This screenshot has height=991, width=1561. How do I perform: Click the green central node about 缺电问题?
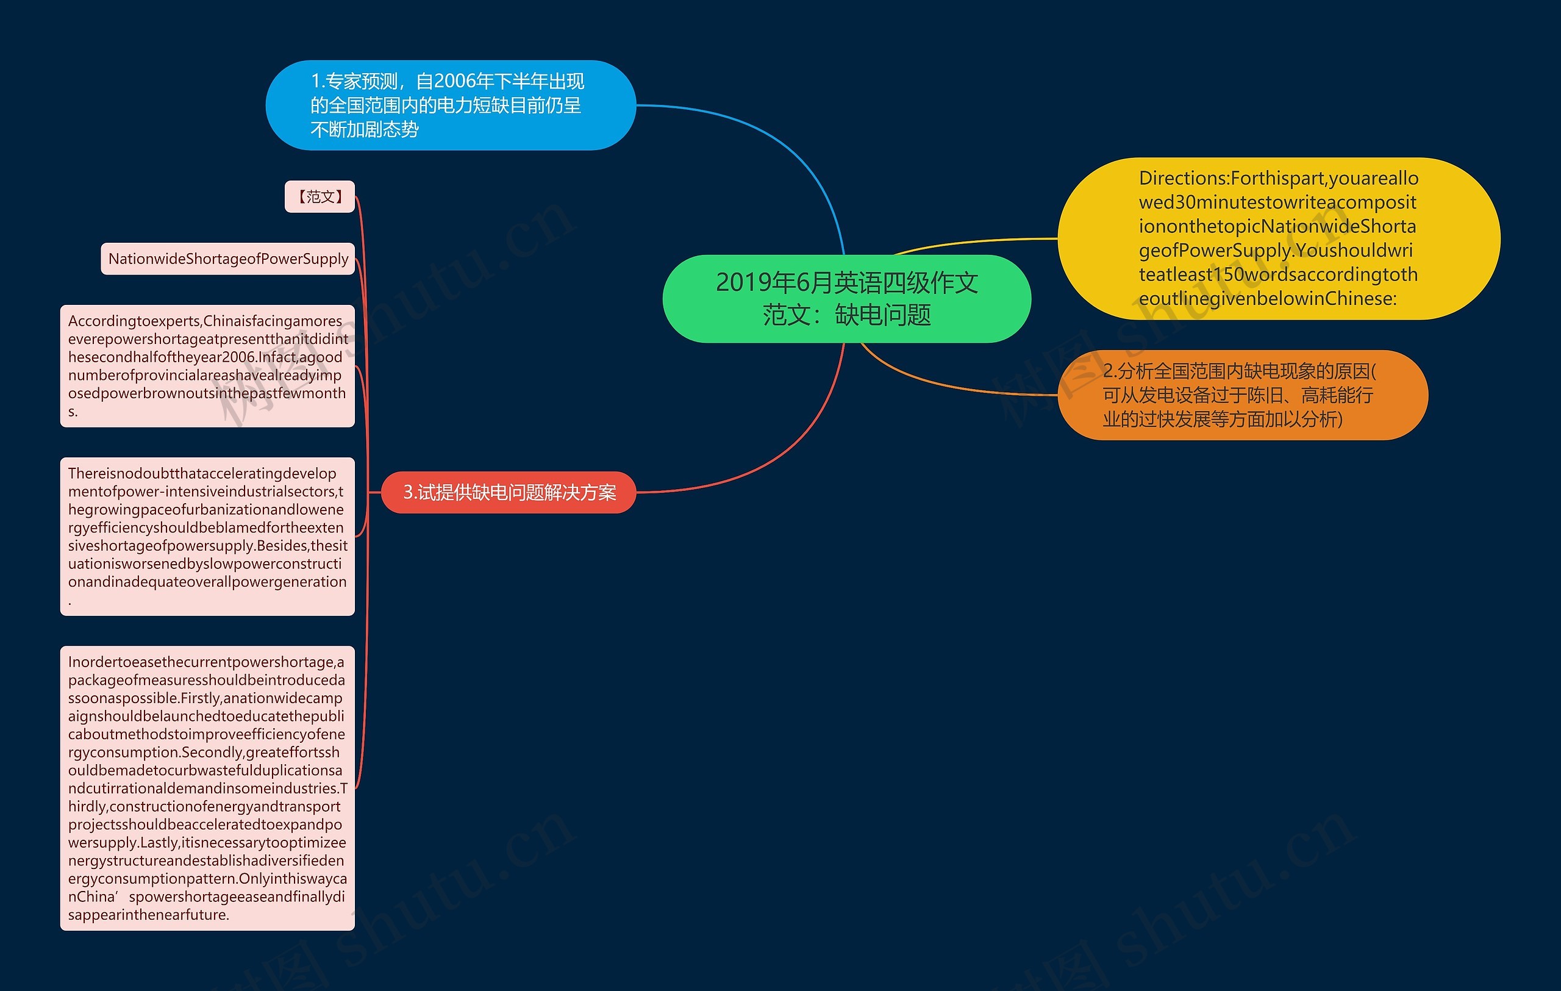(x=846, y=298)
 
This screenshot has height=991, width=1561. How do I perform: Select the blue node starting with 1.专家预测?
(x=450, y=105)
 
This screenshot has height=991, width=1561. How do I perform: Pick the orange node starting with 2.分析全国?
(x=1241, y=395)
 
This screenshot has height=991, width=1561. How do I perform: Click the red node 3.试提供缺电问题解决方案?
(x=509, y=493)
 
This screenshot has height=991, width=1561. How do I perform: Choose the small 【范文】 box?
(x=320, y=196)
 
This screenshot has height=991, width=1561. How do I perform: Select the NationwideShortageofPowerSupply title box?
(x=227, y=259)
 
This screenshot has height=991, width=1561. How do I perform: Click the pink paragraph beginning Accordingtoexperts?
(x=207, y=365)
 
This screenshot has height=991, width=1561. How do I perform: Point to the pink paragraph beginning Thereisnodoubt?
(x=207, y=536)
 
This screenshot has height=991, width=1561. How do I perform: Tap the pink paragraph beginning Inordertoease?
(x=207, y=787)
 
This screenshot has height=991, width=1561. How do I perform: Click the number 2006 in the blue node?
(x=454, y=82)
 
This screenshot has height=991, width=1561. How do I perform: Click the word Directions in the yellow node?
(x=1184, y=178)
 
